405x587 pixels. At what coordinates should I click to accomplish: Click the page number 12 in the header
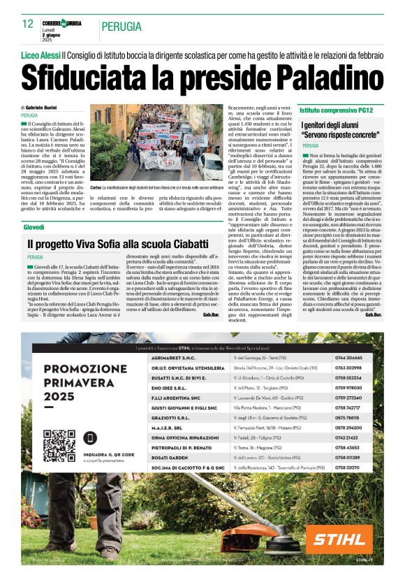(x=29, y=23)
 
